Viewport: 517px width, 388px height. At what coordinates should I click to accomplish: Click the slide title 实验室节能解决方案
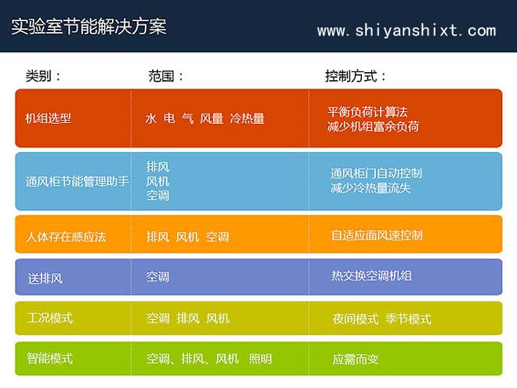point(89,27)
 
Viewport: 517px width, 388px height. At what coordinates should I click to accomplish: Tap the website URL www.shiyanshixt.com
point(406,31)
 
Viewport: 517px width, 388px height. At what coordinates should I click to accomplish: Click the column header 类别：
point(44,76)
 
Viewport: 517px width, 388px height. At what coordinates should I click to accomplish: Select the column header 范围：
point(166,76)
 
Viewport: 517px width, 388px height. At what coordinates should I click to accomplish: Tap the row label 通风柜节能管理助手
point(77,181)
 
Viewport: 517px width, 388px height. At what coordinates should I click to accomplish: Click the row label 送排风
point(45,277)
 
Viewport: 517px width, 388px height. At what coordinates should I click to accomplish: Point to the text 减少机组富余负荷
point(373,125)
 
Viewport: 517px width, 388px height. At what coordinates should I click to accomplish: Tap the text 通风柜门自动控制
point(376,173)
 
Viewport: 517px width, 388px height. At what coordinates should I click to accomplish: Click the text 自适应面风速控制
point(377,235)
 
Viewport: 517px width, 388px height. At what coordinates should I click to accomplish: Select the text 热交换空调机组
point(371,276)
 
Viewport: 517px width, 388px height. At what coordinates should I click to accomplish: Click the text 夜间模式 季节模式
point(381,318)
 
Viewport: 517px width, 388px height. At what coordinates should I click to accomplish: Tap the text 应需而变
point(355,359)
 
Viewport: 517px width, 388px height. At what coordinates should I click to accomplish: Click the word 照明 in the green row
point(260,359)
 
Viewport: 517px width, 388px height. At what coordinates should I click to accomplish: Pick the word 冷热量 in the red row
point(247,118)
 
